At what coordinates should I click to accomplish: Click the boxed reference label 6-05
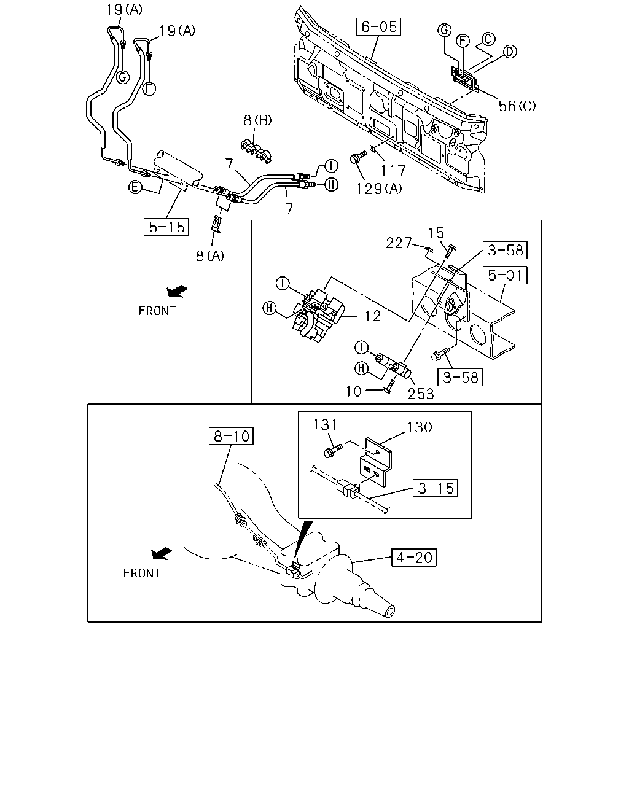378,26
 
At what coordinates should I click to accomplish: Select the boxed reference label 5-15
166,227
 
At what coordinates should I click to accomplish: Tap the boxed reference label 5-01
505,275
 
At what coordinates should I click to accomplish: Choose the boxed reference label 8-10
231,436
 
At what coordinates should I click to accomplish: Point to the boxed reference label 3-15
436,488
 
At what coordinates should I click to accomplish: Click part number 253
421,394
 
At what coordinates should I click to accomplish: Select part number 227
399,243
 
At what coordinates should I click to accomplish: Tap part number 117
394,170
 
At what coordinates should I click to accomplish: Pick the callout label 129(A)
380,189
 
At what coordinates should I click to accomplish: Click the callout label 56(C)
517,106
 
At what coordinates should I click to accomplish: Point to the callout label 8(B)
257,120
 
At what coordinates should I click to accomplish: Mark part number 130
420,427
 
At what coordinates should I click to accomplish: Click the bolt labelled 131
332,451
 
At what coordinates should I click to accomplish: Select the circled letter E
135,187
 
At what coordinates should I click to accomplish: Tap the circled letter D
510,52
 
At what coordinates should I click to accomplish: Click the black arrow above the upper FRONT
177,291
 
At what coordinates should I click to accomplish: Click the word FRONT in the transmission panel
141,573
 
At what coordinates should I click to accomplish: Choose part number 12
373,316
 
